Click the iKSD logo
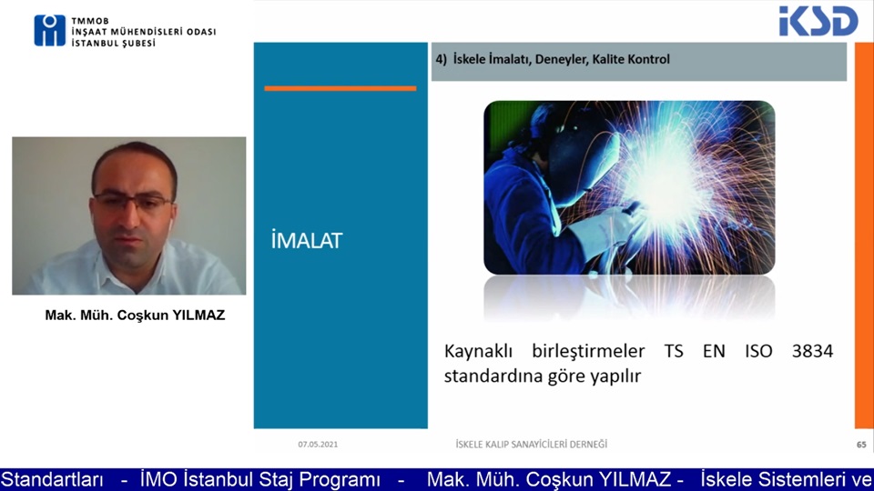(818, 21)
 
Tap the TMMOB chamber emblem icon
(49, 30)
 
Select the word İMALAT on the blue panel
(307, 240)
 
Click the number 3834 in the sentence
(812, 351)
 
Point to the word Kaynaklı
(481, 351)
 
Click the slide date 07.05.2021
(318, 445)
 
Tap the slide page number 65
(861, 445)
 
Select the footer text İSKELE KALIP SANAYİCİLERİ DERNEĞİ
(531, 445)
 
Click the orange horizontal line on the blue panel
(340, 88)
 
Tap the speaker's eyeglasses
(132, 202)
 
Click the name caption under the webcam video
(135, 316)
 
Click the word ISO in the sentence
(758, 351)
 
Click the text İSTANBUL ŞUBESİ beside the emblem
(113, 43)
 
